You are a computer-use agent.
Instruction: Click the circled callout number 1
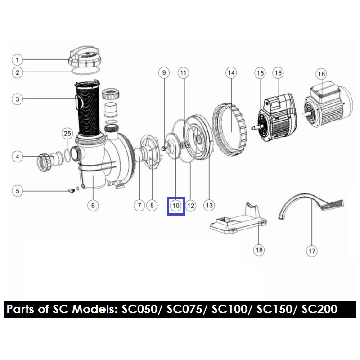[x=17, y=60]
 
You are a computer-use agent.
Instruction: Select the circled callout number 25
[x=67, y=133]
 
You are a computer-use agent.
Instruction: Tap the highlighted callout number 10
[x=176, y=206]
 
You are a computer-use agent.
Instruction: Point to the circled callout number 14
[x=231, y=73]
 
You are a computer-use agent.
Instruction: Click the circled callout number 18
[x=259, y=250]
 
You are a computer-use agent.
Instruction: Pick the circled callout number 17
[x=312, y=251]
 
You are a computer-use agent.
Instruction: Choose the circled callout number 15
[x=260, y=73]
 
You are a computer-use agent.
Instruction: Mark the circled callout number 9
[x=164, y=73]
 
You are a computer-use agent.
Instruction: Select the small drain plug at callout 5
[x=72, y=190]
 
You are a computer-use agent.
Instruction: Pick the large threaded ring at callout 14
[x=229, y=130]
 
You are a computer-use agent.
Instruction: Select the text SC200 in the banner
[x=319, y=309]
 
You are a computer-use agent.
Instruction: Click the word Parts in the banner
[x=21, y=309]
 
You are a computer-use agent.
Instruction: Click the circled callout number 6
[x=93, y=205]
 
